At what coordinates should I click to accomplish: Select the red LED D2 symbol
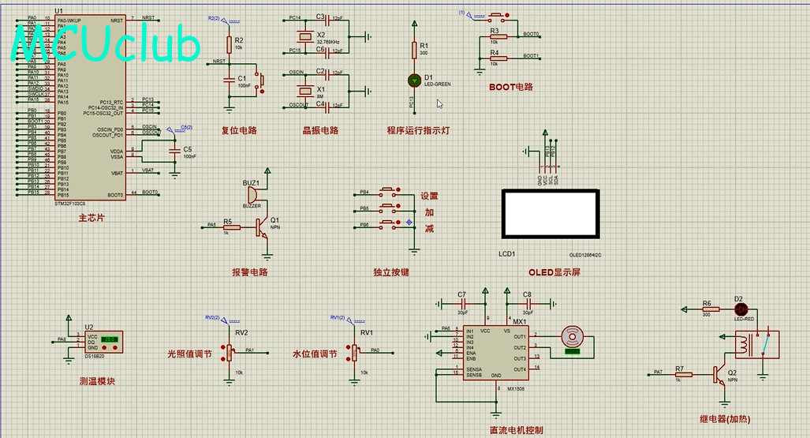pos(740,309)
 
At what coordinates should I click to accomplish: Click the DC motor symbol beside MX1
pos(569,337)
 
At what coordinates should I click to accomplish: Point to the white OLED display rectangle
pos(551,213)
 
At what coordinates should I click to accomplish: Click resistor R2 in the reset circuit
pos(230,43)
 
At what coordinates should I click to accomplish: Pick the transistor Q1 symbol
pos(262,227)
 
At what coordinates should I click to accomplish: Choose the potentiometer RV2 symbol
pos(230,350)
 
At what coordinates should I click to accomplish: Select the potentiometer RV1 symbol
pos(355,350)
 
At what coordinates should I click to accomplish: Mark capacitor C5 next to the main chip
pos(174,151)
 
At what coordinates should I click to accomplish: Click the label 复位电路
pos(239,130)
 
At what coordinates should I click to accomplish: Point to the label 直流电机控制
pos(516,430)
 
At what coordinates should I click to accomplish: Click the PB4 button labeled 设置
pos(388,192)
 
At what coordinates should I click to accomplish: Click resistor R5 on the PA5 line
pos(231,226)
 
